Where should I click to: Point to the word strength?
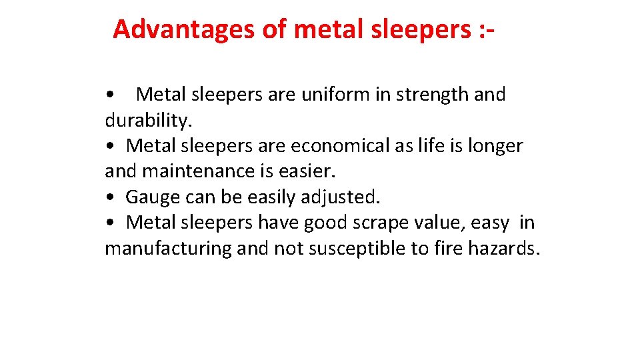pos(433,95)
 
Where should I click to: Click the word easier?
pos(307,171)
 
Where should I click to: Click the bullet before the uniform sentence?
pos(111,95)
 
